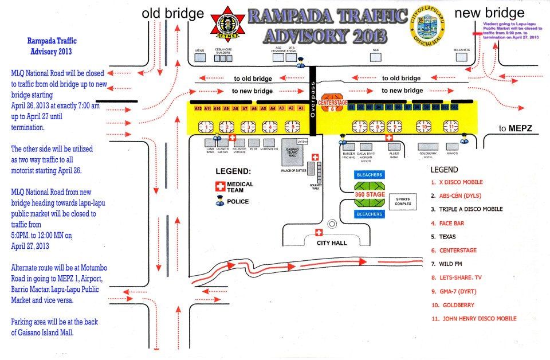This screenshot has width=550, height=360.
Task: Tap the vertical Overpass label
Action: (x=313, y=100)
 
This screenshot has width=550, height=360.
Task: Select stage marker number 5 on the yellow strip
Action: (x=293, y=126)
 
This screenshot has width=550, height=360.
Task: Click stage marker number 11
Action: (x=451, y=126)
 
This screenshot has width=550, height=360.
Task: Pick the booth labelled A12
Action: (x=198, y=108)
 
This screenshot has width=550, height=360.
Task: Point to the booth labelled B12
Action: (x=454, y=107)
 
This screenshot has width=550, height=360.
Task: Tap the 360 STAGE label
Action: (x=370, y=194)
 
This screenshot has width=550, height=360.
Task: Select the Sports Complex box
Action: (x=403, y=202)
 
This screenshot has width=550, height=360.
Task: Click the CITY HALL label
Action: (x=332, y=243)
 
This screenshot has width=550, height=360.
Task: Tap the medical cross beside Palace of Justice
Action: (x=314, y=157)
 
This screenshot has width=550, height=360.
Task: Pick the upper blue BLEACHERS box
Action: (x=370, y=174)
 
